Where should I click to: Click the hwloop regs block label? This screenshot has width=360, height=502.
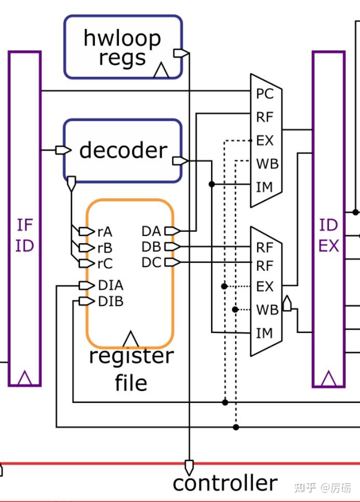click(x=122, y=48)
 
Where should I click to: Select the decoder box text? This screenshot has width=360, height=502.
click(x=123, y=150)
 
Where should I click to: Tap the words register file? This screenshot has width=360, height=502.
click(x=131, y=369)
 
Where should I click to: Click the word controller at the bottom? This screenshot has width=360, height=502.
click(x=225, y=483)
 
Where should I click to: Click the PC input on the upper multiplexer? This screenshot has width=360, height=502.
click(x=264, y=94)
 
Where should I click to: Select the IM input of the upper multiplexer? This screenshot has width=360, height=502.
click(x=264, y=187)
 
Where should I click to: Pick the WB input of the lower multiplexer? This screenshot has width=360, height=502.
click(x=267, y=310)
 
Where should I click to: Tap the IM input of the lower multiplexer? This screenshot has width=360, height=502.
click(x=264, y=333)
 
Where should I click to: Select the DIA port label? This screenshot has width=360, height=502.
click(x=110, y=285)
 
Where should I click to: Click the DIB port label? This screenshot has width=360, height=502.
click(x=110, y=301)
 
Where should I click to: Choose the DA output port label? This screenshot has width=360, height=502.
click(x=151, y=231)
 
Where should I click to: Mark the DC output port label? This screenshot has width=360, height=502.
click(x=151, y=263)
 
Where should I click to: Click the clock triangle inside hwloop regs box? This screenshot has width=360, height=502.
click(x=162, y=71)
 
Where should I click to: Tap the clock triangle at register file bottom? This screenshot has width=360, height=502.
click(x=130, y=339)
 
